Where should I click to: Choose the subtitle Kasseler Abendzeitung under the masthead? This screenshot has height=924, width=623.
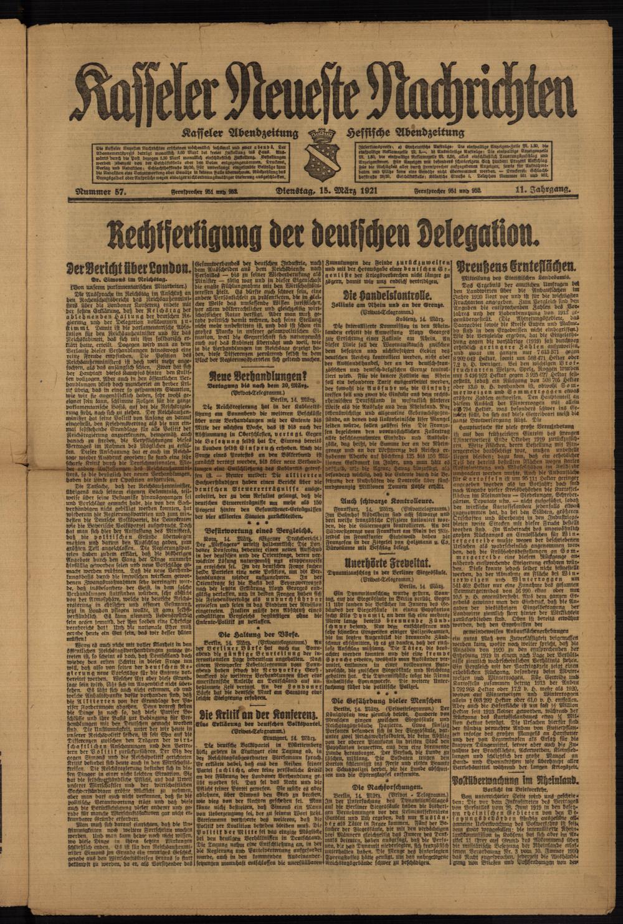click(x=240, y=133)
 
